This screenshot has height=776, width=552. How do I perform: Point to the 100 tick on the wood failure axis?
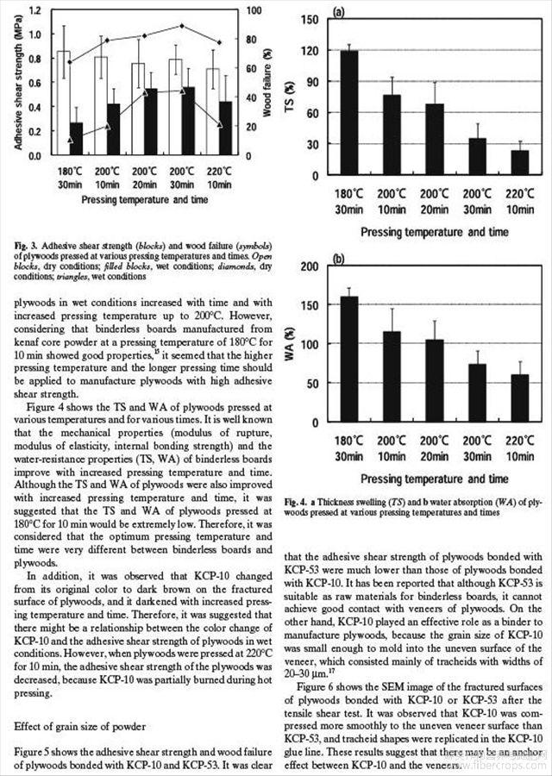(x=246, y=10)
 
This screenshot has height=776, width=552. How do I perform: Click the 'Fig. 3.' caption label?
(x=25, y=247)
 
